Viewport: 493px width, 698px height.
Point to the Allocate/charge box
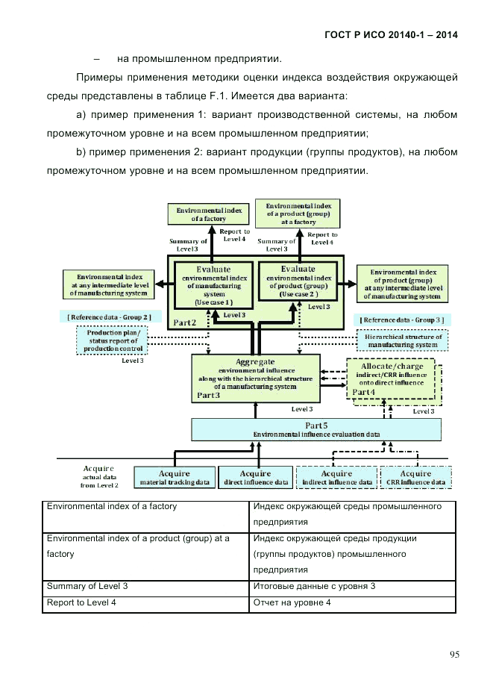[392, 380]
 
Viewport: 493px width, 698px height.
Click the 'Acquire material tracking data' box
[174, 478]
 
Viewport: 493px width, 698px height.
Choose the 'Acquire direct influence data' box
[256, 478]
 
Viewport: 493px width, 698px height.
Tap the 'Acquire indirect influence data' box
[336, 478]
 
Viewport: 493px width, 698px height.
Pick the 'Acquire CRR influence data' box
[415, 478]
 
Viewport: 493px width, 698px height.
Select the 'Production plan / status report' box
[113, 341]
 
